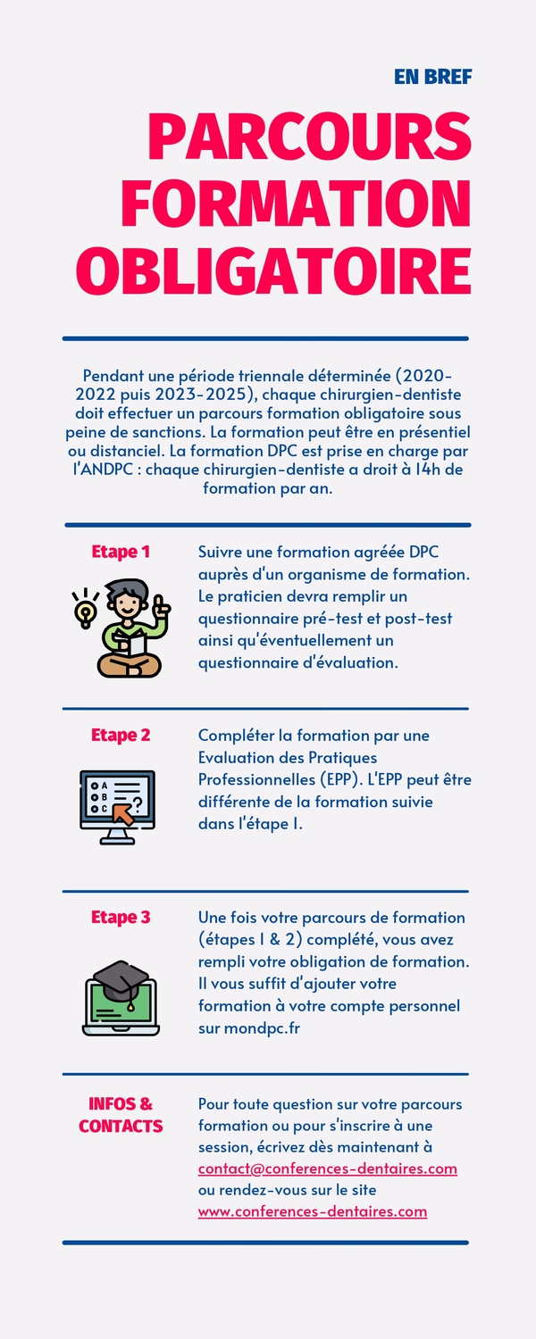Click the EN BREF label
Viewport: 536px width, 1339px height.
click(433, 77)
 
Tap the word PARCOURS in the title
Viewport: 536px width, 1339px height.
click(310, 137)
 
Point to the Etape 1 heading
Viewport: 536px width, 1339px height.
click(121, 552)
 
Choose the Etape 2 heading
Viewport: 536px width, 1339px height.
click(121, 736)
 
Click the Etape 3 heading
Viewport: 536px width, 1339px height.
click(121, 917)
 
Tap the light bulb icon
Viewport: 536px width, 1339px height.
click(85, 610)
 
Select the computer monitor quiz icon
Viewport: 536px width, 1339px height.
click(117, 807)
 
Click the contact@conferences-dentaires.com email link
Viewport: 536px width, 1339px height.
click(328, 1169)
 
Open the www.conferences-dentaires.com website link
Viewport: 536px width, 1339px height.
click(313, 1211)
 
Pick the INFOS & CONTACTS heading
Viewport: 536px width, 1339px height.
click(121, 1115)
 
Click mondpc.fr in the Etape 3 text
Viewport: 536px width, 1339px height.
click(262, 1028)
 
